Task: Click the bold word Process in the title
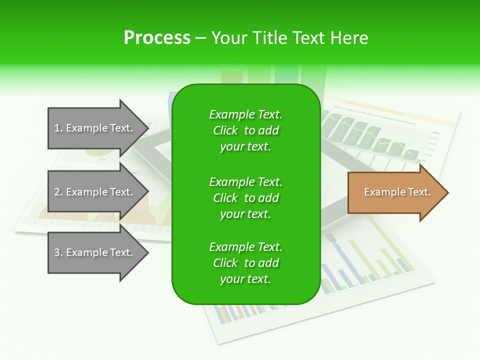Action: click(x=157, y=38)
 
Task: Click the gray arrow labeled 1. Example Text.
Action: click(x=95, y=128)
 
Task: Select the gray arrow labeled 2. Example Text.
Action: click(x=95, y=192)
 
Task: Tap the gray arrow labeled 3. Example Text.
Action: click(x=95, y=252)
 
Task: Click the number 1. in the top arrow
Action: click(x=58, y=128)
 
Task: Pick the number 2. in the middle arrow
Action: click(x=58, y=192)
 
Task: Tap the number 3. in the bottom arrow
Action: click(x=58, y=252)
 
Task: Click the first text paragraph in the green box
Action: click(x=245, y=130)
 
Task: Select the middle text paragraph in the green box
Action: click(x=245, y=198)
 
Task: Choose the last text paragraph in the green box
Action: click(x=245, y=263)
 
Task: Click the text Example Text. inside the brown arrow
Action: click(x=397, y=192)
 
